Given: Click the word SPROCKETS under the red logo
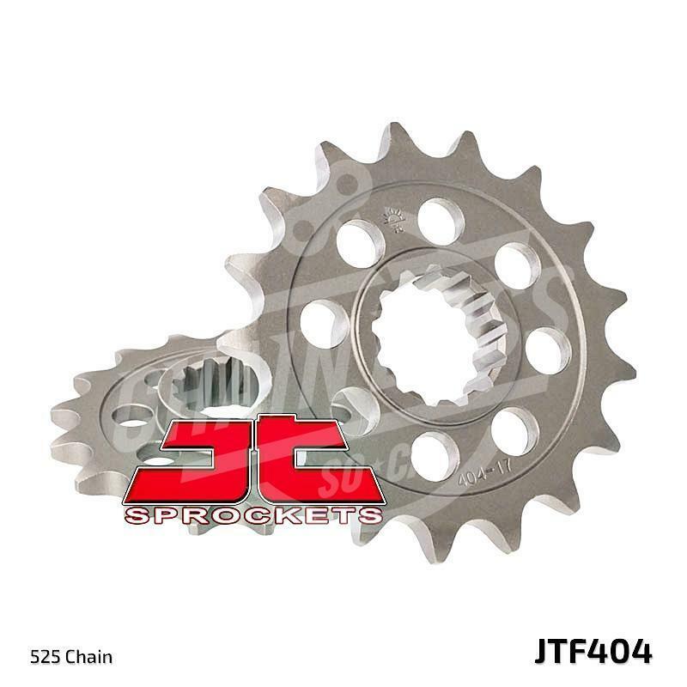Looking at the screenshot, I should click(252, 515).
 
